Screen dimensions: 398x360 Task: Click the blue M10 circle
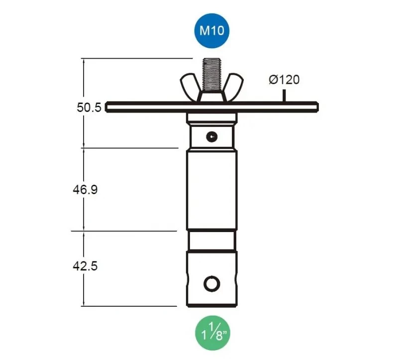coord(212,31)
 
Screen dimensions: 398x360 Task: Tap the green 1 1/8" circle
coord(213,333)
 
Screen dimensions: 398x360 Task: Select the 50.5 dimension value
coord(89,108)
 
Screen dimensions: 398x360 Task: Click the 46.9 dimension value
coord(85,190)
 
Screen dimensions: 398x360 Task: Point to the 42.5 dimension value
coord(85,266)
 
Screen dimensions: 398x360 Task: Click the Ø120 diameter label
coord(284,80)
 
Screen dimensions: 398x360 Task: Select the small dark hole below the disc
coord(212,137)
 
